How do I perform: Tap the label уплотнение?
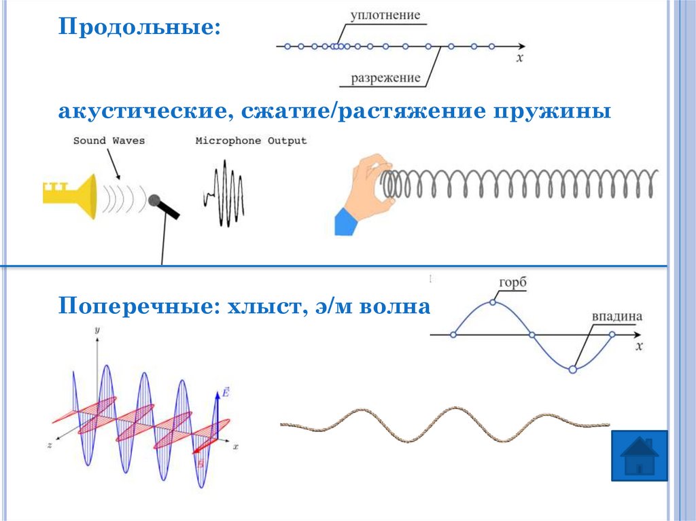(385, 15)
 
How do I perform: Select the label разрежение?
(385, 77)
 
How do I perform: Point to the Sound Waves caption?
(109, 141)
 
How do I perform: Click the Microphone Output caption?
(251, 141)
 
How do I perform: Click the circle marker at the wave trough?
(572, 370)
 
